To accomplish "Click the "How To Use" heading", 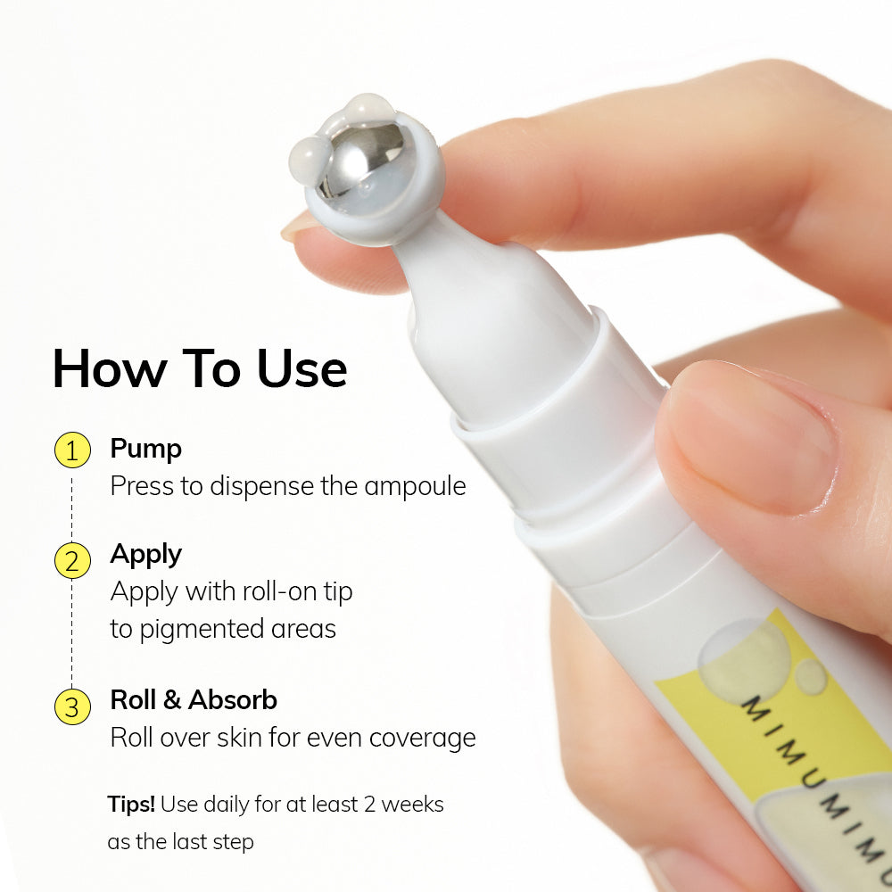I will pos(199,368).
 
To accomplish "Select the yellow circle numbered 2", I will pos(72,561).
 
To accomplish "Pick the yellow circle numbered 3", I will pos(72,706).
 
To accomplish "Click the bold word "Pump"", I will pos(145,449).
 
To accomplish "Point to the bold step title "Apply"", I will pos(145,555).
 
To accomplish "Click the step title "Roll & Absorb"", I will pos(194,700).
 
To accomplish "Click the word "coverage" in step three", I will pos(422,739).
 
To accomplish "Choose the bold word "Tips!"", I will pos(131,804).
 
